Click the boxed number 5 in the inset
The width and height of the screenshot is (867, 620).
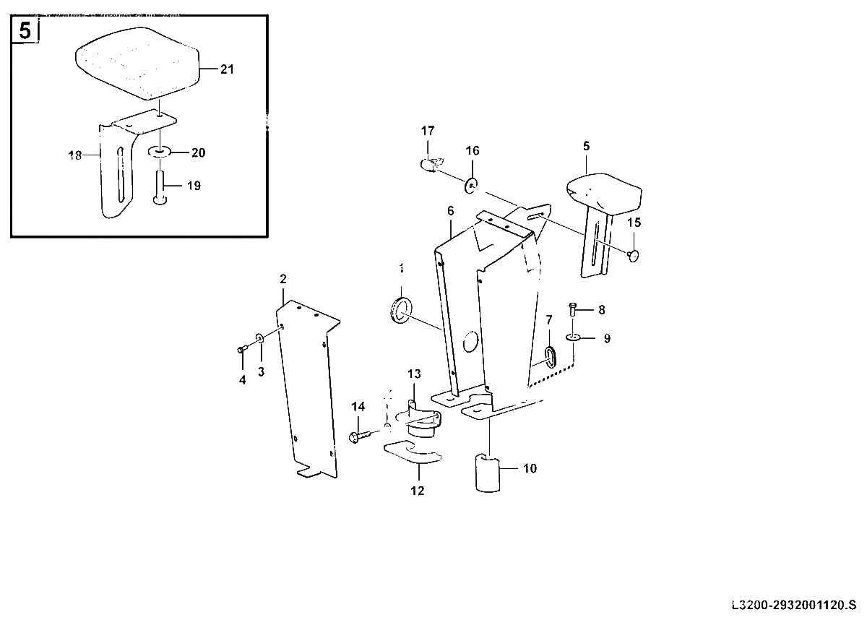tap(25, 30)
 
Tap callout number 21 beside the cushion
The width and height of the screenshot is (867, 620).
tap(227, 69)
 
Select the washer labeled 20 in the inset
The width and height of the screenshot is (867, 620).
tap(160, 151)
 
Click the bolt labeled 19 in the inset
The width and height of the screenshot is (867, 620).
tap(160, 188)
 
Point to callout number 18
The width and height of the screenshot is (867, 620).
tap(74, 155)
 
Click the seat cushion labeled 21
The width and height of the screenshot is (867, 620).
tap(137, 64)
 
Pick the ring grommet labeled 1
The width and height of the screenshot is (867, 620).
tap(400, 309)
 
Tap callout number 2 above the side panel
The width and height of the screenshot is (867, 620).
tap(283, 279)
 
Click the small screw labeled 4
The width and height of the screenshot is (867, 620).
tap(242, 350)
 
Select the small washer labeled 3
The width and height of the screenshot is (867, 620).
tap(259, 338)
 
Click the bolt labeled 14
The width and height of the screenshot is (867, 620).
tap(361, 436)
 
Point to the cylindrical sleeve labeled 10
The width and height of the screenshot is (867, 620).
tap(487, 473)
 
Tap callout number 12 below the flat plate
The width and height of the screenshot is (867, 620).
tap(418, 491)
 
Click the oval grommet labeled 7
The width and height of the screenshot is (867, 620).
tap(550, 356)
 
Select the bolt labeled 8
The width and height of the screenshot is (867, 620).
tap(572, 309)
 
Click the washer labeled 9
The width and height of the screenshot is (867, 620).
tap(573, 337)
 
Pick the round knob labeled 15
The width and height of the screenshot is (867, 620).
tap(633, 255)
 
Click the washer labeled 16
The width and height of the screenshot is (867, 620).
tap(470, 185)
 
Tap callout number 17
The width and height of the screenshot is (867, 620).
tap(428, 131)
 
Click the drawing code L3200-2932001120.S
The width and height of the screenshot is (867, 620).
tap(794, 605)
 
